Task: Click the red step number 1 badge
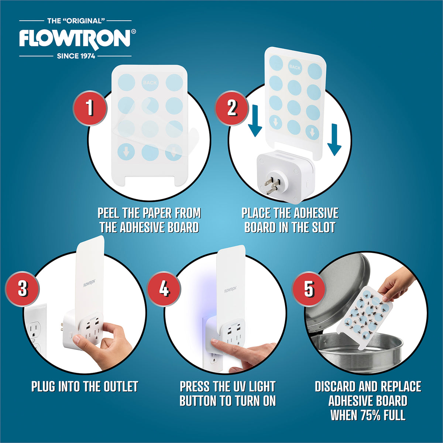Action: (x=90, y=108)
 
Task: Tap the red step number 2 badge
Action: (x=232, y=108)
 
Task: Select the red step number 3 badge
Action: (x=22, y=289)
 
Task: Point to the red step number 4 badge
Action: (x=164, y=289)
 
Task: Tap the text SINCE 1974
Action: (x=76, y=56)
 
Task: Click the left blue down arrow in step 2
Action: (x=255, y=121)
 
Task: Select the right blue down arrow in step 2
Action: (x=334, y=140)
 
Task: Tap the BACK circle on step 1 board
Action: (x=150, y=82)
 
